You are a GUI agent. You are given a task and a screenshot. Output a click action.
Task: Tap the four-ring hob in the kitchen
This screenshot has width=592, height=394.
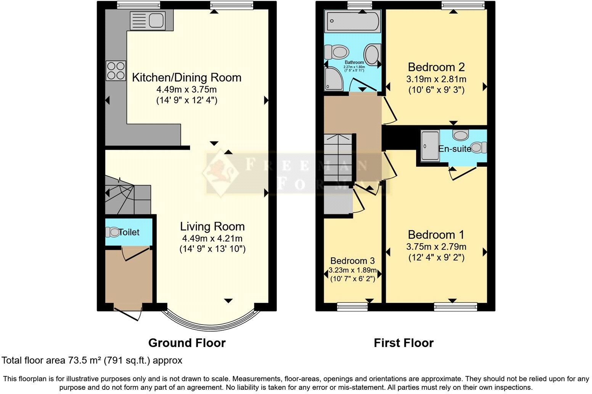[x=116, y=71]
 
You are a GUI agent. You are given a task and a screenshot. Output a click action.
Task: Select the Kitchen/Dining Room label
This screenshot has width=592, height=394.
[x=187, y=78]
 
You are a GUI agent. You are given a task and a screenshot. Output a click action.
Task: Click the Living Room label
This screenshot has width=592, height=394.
[x=212, y=226]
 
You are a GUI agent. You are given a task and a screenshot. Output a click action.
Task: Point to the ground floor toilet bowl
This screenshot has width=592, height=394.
[x=112, y=232]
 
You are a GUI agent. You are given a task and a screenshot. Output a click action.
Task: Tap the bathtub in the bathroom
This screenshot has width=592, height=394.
[x=352, y=21]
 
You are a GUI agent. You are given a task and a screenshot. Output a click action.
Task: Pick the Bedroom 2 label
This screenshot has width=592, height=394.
[x=436, y=67]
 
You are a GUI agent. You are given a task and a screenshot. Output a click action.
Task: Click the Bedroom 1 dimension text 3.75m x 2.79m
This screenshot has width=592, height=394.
[x=436, y=247]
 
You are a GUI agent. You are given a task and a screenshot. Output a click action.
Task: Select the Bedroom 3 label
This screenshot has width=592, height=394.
[x=352, y=261]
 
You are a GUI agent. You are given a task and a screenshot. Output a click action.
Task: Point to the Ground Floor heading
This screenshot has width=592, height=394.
[x=187, y=343]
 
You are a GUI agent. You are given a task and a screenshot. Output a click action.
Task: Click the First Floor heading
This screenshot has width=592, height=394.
[x=404, y=343]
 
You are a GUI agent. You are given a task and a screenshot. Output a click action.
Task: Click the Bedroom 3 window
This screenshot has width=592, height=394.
[x=352, y=307]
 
